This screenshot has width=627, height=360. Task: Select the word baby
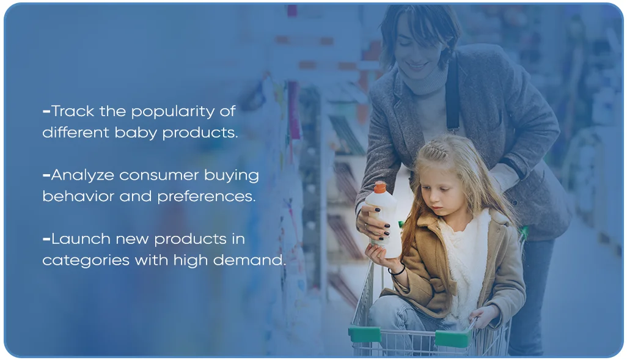[x=136, y=133]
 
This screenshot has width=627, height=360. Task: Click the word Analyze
[x=83, y=176]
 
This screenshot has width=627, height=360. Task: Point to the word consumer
[x=159, y=176]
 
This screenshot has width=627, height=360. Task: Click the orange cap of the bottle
[x=380, y=188]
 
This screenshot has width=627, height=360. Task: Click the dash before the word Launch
[x=46, y=240]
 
